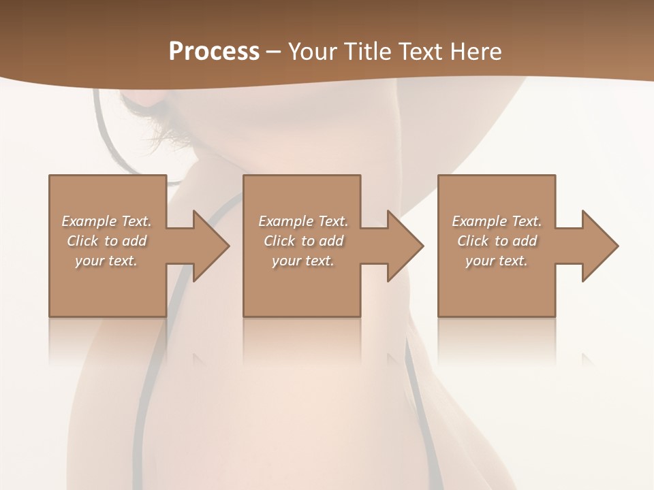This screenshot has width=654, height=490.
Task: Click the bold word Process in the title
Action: pyautogui.click(x=214, y=51)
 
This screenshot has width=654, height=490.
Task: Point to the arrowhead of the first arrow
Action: pyautogui.click(x=211, y=246)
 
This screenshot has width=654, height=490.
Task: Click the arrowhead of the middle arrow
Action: pyautogui.click(x=405, y=246)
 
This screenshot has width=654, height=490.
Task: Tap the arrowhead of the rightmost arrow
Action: pyautogui.click(x=600, y=246)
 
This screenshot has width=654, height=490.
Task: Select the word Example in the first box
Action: pyautogui.click(x=89, y=221)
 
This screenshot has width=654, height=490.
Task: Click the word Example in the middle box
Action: pyautogui.click(x=285, y=221)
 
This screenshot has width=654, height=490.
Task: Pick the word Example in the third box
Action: pyautogui.click(x=479, y=221)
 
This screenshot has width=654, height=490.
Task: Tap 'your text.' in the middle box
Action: pyautogui.click(x=302, y=261)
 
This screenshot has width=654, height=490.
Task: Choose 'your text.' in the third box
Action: pyautogui.click(x=496, y=261)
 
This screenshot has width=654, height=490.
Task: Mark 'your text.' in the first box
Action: pyautogui.click(x=106, y=261)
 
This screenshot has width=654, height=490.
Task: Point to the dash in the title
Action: pyautogui.click(x=274, y=52)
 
